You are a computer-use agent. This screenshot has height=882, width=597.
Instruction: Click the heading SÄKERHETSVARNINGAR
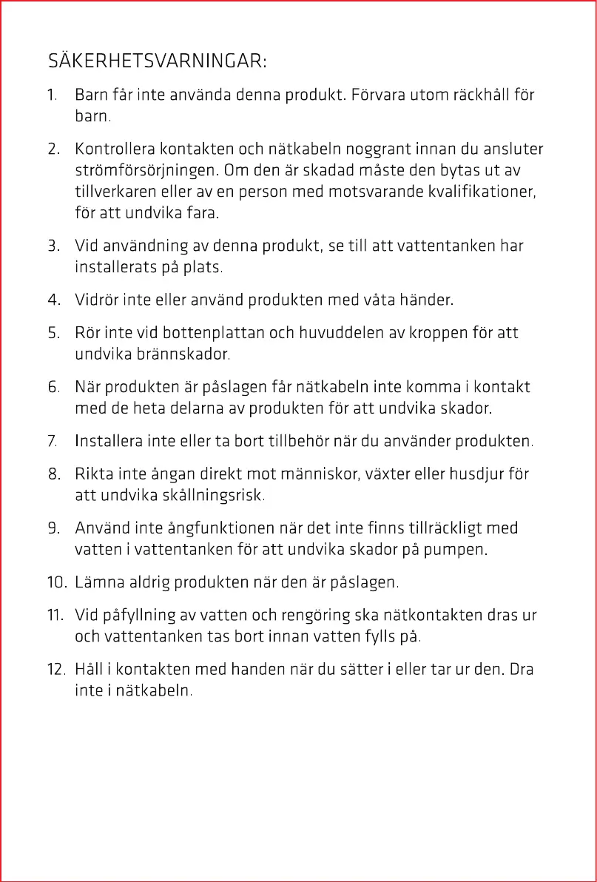pyautogui.click(x=157, y=61)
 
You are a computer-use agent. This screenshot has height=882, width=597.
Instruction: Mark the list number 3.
pyautogui.click(x=53, y=245)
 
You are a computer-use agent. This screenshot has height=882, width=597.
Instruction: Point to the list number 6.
pyautogui.click(x=53, y=387)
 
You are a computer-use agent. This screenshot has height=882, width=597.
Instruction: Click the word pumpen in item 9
pyautogui.click(x=457, y=550)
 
